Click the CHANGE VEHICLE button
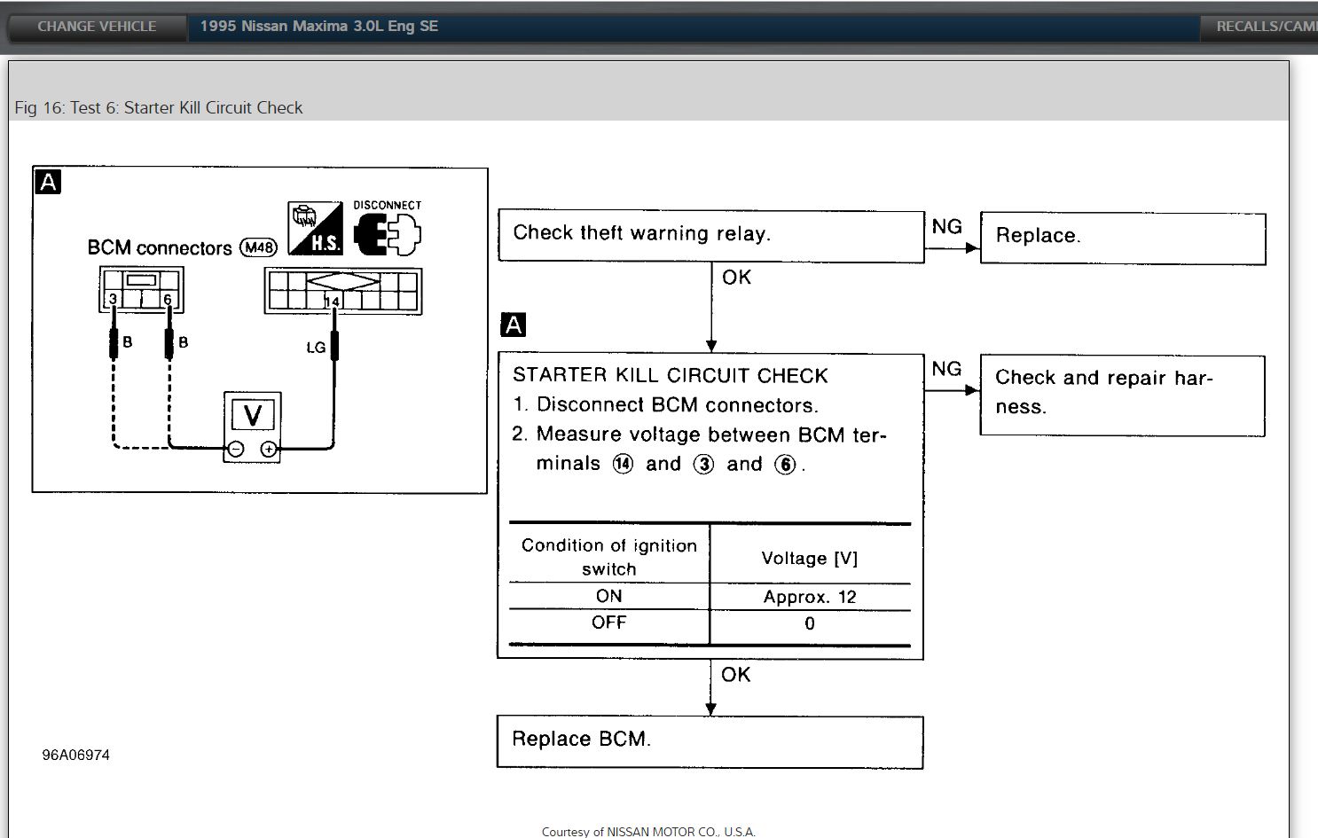[97, 27]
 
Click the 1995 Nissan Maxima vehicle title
[318, 27]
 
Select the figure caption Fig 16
[159, 107]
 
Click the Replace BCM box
[710, 741]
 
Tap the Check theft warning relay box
[710, 235]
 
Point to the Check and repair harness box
[1122, 395]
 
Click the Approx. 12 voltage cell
[810, 597]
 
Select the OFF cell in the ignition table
[609, 623]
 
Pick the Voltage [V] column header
[810, 558]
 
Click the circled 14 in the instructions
[623, 464]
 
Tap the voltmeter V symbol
[253, 415]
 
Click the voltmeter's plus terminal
[269, 450]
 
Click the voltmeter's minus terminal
[236, 450]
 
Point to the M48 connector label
[259, 247]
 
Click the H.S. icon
[316, 229]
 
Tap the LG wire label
[316, 348]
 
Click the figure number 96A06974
[76, 755]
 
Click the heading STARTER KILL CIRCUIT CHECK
[670, 375]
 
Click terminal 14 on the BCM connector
[332, 302]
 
